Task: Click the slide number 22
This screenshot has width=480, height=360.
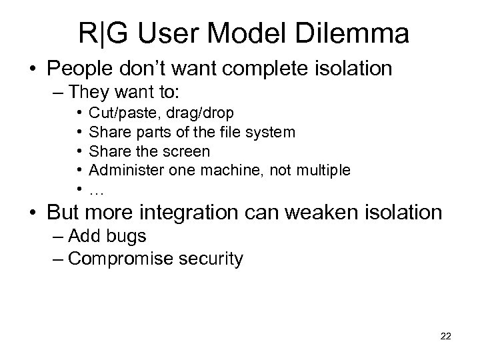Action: (x=446, y=336)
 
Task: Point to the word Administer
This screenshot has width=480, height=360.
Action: (x=122, y=170)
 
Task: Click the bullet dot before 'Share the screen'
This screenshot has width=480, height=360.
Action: (x=79, y=151)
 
